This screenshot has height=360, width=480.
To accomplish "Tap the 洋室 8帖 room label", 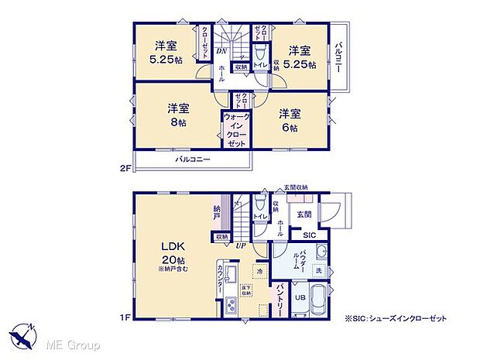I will [177, 115].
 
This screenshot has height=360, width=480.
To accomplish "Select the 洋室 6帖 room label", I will [290, 120].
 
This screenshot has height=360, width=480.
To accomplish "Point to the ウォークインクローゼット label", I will [235, 131].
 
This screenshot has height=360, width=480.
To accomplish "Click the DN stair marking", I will [221, 51].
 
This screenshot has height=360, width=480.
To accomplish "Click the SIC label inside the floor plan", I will [308, 235].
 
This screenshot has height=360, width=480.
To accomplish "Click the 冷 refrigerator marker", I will [259, 273].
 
